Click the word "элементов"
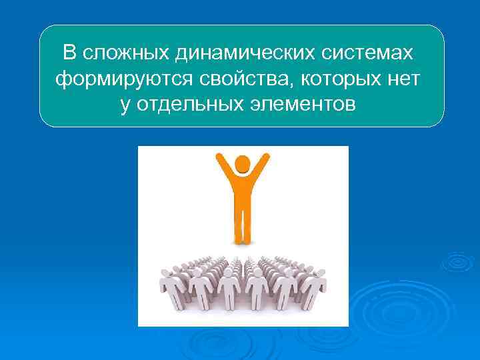point(303,105)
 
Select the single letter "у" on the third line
point(125,106)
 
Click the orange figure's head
point(243,164)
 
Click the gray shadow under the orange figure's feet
point(243,243)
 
